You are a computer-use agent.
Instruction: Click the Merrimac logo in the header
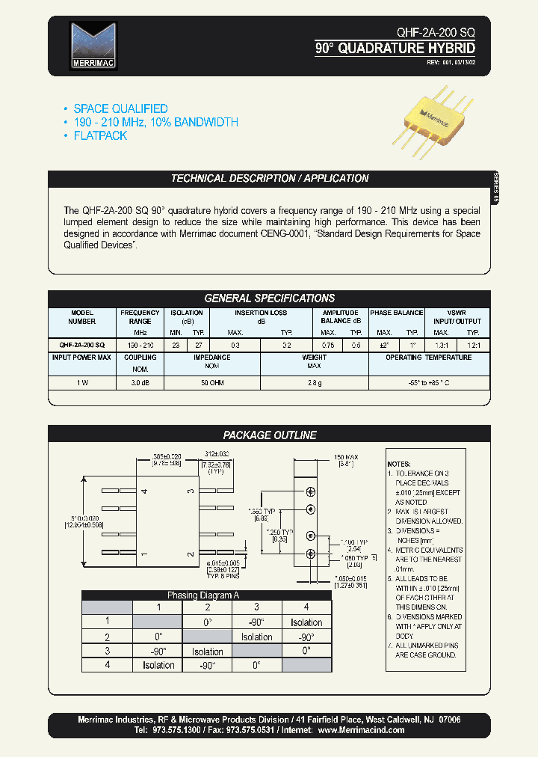click(93, 46)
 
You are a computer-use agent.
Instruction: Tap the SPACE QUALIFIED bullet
click(120, 109)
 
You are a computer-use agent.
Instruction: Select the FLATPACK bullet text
click(100, 136)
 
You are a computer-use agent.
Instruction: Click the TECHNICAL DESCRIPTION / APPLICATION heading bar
click(270, 179)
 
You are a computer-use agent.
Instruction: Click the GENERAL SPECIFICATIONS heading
click(270, 298)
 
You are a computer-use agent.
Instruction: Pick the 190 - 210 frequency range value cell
click(140, 345)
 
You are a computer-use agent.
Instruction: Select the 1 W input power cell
click(81, 382)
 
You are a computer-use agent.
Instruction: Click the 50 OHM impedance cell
click(211, 382)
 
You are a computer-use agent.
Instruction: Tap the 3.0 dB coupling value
click(140, 382)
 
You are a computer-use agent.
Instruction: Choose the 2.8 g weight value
click(314, 382)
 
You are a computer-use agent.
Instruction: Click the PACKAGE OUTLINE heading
click(270, 435)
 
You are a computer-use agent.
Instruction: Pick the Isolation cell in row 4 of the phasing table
click(158, 665)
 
